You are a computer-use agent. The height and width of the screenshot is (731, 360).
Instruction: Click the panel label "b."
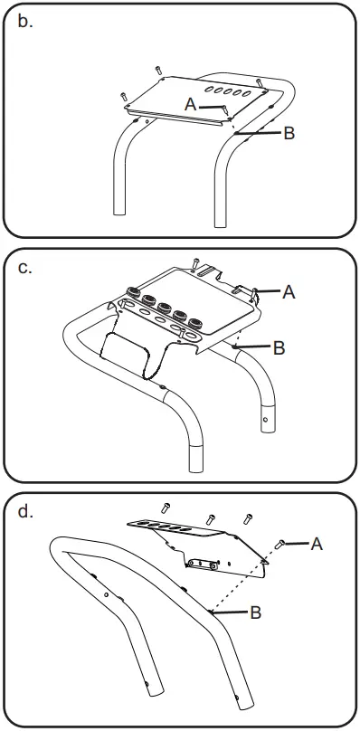(25, 23)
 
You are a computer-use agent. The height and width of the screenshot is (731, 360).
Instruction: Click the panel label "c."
(25, 267)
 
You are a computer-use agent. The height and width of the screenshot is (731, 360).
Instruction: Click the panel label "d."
(25, 511)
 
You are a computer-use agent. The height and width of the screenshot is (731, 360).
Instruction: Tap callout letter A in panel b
(190, 104)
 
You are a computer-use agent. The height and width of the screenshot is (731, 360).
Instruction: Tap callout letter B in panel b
(289, 133)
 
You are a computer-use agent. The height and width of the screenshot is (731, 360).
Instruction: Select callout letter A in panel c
(289, 292)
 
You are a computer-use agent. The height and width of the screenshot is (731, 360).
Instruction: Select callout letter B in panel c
(279, 347)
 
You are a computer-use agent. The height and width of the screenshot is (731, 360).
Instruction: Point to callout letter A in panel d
(317, 544)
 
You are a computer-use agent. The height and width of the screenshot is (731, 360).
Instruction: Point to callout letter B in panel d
(256, 612)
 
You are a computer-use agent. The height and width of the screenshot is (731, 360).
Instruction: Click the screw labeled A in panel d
(279, 543)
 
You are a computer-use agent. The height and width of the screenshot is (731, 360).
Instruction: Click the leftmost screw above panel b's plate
(124, 97)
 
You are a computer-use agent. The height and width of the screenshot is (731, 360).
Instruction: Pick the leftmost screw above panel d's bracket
(166, 508)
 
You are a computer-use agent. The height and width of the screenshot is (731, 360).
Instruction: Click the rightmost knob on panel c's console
(196, 323)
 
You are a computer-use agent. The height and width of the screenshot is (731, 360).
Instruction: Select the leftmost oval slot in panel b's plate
(208, 88)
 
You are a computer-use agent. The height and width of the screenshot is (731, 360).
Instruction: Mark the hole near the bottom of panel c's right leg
(265, 418)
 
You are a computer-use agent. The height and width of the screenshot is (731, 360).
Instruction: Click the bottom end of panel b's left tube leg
(119, 213)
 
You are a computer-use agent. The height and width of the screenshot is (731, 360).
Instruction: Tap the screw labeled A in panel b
(225, 110)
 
